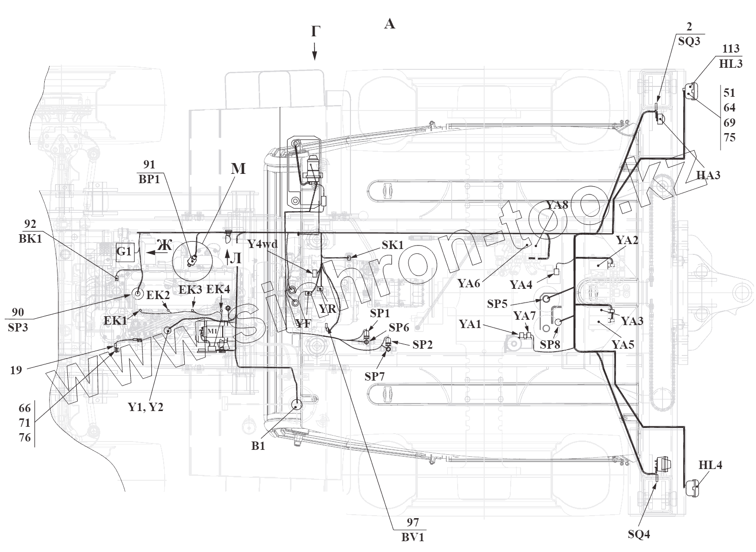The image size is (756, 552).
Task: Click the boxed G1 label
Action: click(124, 251)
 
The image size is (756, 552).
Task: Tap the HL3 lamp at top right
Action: click(691, 91)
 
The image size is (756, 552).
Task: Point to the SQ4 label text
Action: click(639, 534)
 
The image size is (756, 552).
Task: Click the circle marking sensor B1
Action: click(297, 405)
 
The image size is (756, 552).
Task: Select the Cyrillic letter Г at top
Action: click(315, 32)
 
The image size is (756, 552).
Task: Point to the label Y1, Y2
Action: click(146, 407)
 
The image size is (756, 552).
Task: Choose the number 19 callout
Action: click(16, 370)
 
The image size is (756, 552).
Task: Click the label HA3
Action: click(708, 174)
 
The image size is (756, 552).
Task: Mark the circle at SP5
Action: click(546, 298)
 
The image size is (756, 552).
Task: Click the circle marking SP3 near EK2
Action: click(136, 295)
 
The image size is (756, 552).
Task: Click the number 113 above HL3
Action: click(730, 49)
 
